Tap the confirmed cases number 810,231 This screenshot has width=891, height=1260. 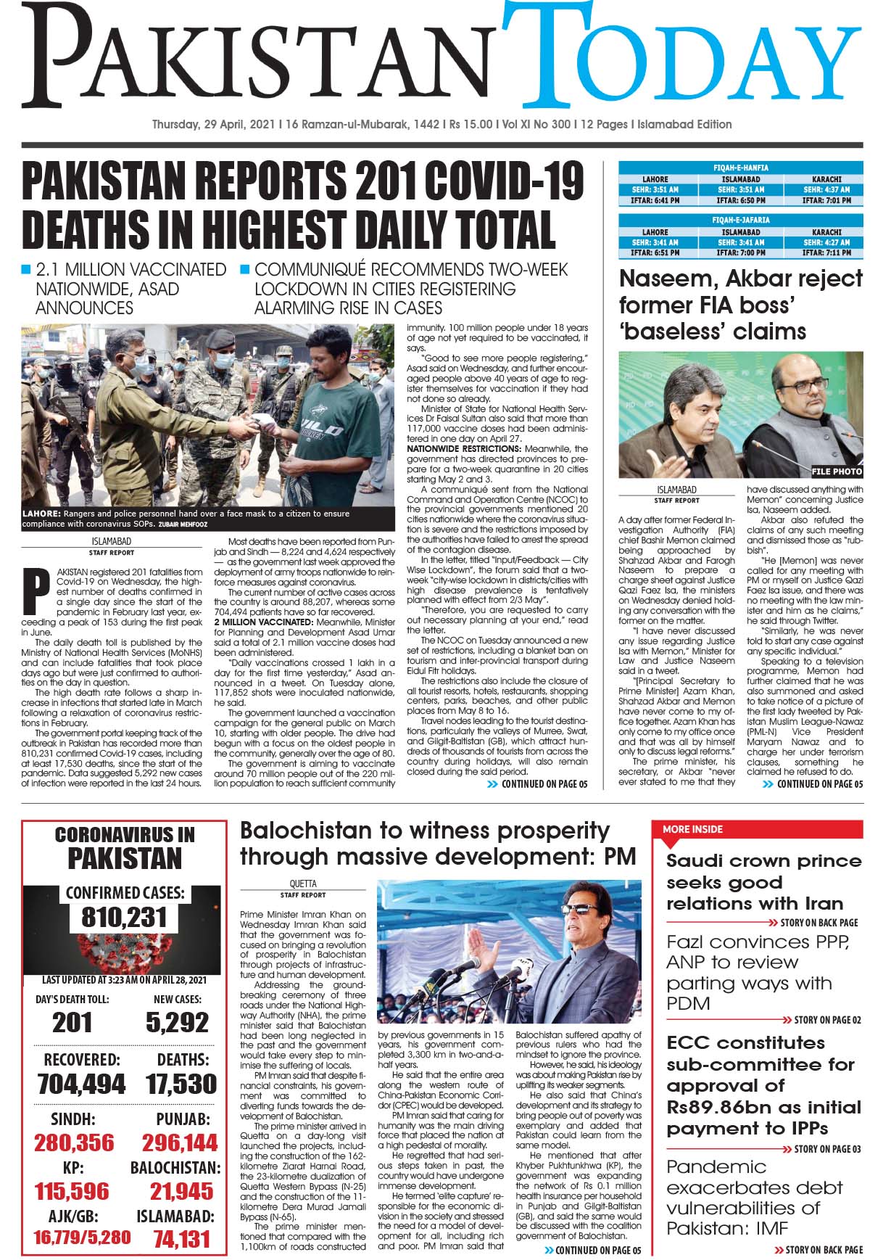point(125,918)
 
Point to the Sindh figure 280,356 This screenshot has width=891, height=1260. point(74,1143)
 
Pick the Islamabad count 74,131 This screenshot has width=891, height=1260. point(181,1239)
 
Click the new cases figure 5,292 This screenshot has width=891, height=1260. point(177,1023)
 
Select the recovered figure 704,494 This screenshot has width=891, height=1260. point(81,1084)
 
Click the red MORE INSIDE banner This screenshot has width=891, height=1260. point(692,829)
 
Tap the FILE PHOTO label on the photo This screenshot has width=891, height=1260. point(837,472)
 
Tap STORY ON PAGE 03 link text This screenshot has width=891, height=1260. point(827,1149)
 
